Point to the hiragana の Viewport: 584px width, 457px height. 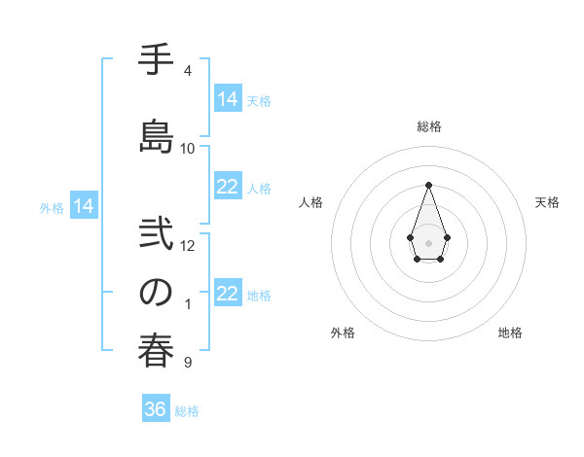(155, 292)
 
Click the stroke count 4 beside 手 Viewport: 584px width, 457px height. (187, 71)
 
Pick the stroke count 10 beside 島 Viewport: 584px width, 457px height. (188, 148)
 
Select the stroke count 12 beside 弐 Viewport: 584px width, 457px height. (188, 245)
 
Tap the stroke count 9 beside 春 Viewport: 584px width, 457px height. (187, 363)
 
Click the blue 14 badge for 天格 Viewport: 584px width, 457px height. (228, 98)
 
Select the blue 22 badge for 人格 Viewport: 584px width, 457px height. (228, 187)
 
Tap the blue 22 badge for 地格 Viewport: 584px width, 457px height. (228, 294)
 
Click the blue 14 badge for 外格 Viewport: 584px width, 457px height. (84, 205)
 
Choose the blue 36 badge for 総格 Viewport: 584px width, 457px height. (155, 409)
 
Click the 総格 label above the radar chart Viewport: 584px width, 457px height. (428, 126)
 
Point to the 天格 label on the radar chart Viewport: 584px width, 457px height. (548, 202)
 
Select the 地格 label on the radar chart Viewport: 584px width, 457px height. (510, 333)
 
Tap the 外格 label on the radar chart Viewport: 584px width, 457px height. (343, 333)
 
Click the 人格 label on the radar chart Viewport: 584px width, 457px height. (311, 202)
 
